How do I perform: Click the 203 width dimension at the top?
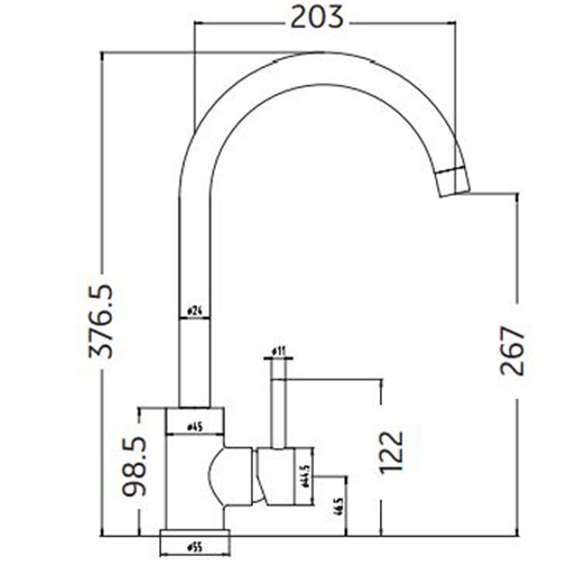pyautogui.click(x=317, y=17)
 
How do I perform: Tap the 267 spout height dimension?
pyautogui.click(x=513, y=350)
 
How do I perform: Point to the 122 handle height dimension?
pyautogui.click(x=391, y=452)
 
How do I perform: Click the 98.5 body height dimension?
pyautogui.click(x=135, y=466)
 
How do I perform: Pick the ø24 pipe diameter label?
pyautogui.click(x=194, y=312)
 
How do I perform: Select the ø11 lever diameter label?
pyautogui.click(x=279, y=350)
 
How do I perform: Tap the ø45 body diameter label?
pyautogui.click(x=194, y=428)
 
